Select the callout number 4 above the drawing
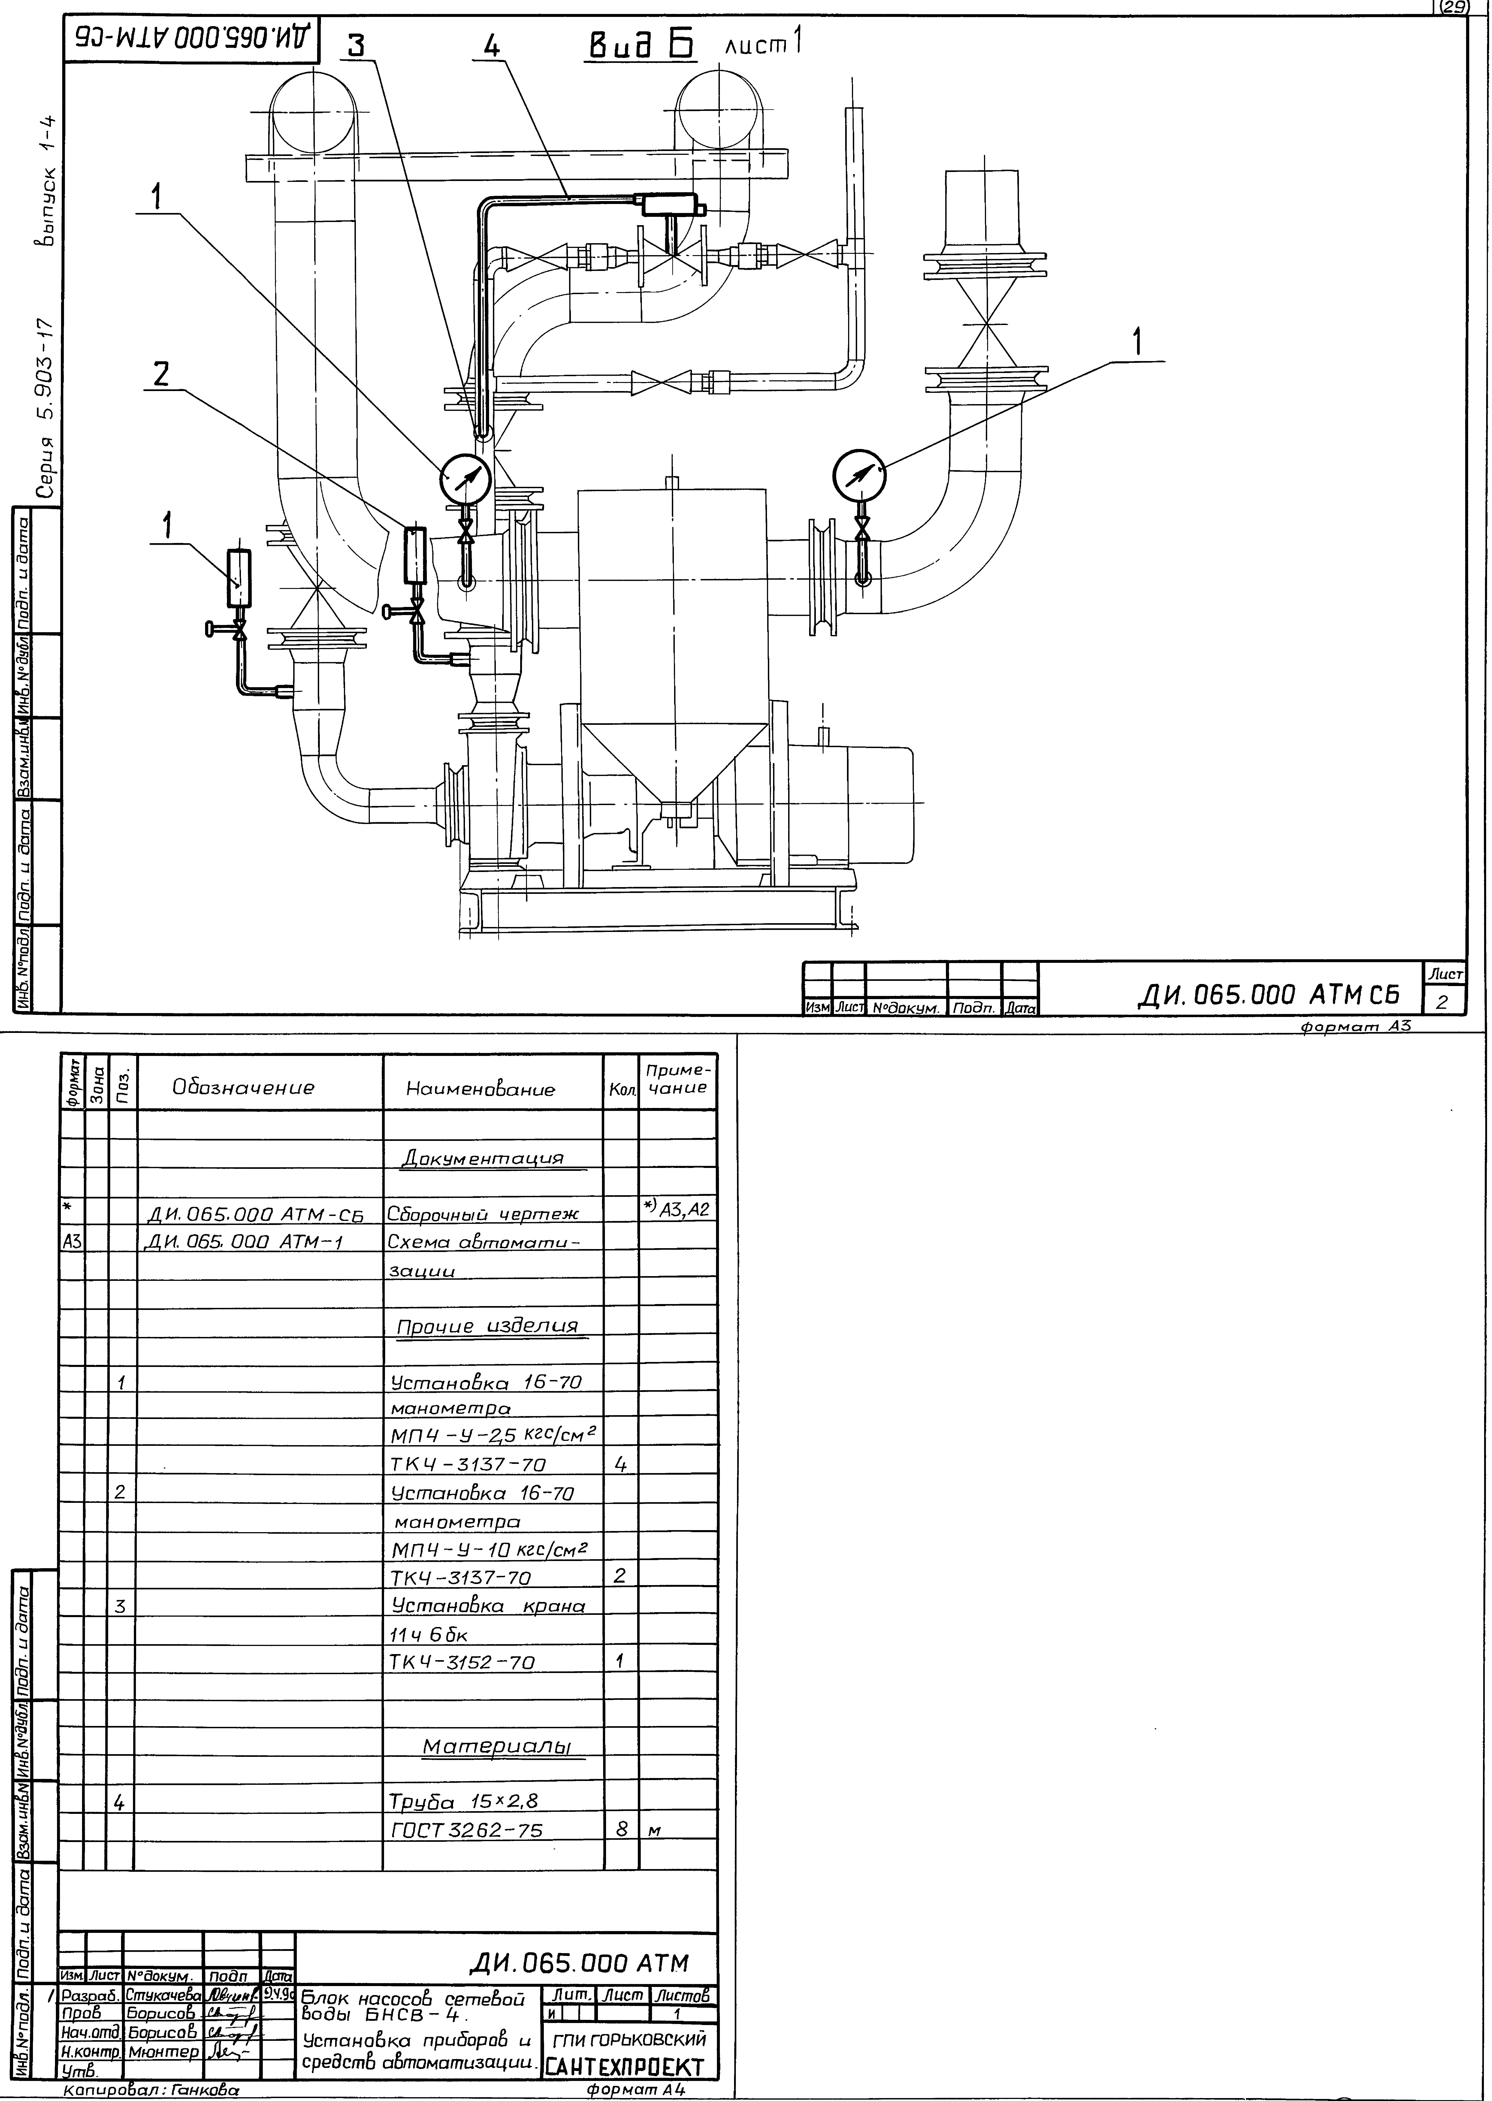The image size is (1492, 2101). pos(492,47)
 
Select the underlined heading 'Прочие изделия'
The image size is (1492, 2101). pos(487,1327)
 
